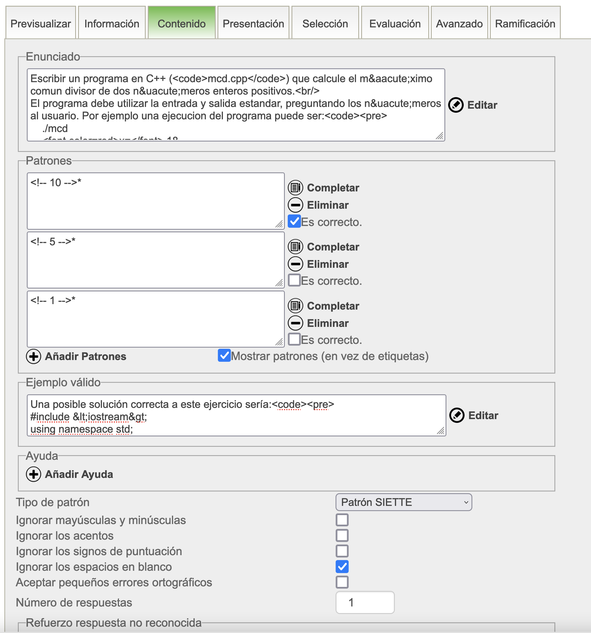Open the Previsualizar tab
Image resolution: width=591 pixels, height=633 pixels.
click(x=41, y=24)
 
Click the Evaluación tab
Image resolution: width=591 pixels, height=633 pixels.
click(x=395, y=24)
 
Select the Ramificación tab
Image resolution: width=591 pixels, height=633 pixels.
click(x=525, y=24)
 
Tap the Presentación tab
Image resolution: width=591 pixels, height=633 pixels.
click(x=253, y=24)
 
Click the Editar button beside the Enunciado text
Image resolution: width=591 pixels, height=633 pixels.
click(x=473, y=105)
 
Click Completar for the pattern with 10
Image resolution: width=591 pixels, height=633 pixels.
click(x=324, y=188)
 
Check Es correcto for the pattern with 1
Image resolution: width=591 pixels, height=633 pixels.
click(x=294, y=340)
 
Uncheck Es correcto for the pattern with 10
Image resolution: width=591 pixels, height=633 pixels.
click(x=294, y=221)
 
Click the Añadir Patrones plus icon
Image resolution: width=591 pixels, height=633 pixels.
click(x=34, y=356)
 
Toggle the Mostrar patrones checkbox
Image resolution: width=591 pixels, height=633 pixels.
click(x=224, y=355)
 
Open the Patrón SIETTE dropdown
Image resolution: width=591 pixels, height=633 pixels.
click(x=403, y=502)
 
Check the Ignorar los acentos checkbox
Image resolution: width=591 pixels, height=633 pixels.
click(x=342, y=536)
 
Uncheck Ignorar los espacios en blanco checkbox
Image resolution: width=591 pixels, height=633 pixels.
click(x=342, y=567)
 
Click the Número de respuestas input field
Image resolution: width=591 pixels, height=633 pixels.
click(x=365, y=602)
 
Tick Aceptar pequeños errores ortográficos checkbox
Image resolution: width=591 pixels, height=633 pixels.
click(x=342, y=582)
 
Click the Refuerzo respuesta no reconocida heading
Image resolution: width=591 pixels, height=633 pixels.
click(x=113, y=623)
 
